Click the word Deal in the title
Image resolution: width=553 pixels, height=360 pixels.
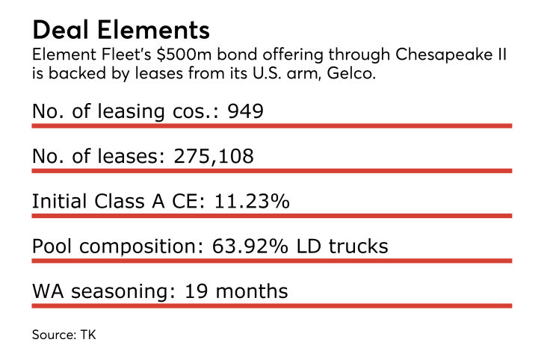point(61,30)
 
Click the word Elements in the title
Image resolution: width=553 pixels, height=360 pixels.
point(153,30)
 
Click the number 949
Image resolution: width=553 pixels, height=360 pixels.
point(245,111)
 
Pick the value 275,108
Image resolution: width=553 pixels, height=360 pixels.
point(214,156)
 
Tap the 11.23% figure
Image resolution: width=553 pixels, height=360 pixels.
point(252,202)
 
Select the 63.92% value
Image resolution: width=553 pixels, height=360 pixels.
point(250,246)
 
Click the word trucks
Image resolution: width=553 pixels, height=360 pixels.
point(358,246)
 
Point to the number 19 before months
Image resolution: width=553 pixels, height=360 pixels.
point(196,291)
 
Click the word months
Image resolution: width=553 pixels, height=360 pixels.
point(252,291)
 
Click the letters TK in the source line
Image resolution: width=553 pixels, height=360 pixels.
point(88,335)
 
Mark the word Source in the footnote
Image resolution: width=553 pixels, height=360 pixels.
point(54,335)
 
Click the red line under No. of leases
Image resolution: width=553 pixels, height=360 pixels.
point(272,171)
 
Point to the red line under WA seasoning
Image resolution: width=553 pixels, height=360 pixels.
point(272,306)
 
